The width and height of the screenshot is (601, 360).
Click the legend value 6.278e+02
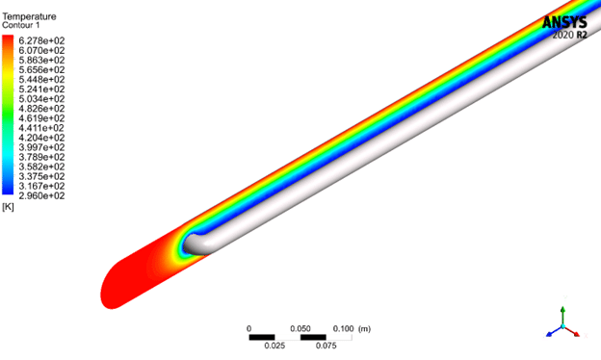tap(41, 40)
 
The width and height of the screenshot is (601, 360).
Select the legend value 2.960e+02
tap(41, 195)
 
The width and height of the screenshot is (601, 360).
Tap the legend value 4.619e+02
tap(41, 118)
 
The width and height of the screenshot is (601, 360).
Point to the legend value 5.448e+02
tap(41, 79)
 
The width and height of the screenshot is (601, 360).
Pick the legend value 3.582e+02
tap(41, 167)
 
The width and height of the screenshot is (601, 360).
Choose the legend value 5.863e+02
tap(41, 60)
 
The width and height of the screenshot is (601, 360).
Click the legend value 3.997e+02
tap(41, 147)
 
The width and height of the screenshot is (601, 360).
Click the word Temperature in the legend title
tap(29, 16)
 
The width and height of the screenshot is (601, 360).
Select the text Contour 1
tap(20, 25)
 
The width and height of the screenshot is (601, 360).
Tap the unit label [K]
tap(8, 207)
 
